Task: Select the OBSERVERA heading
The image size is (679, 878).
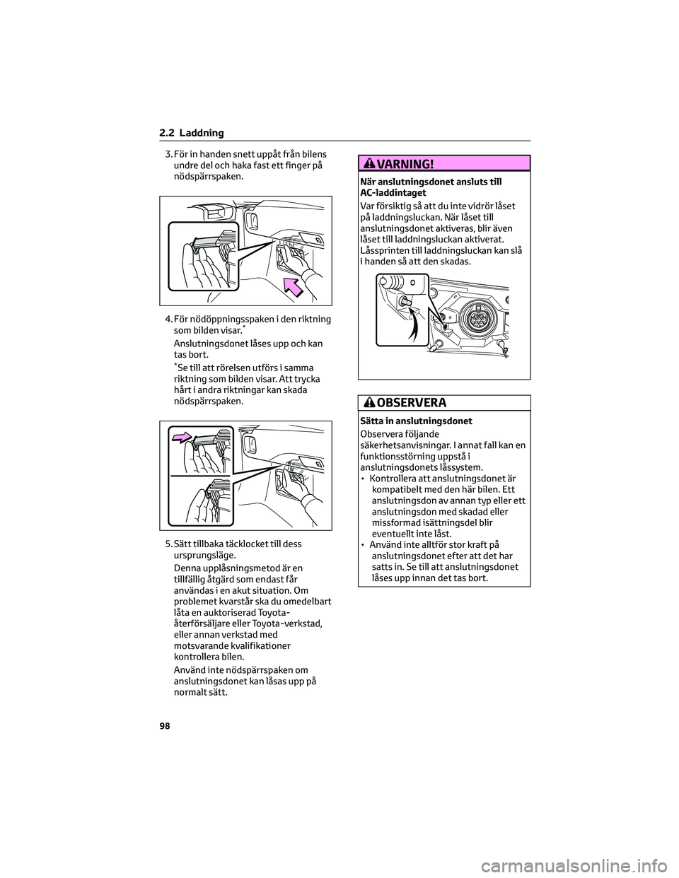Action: pyautogui.click(x=405, y=403)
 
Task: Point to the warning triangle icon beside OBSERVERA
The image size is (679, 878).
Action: pyautogui.click(x=370, y=403)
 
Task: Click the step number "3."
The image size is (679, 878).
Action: pyautogui.click(x=168, y=155)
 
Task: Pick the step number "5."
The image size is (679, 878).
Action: pyautogui.click(x=168, y=544)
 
